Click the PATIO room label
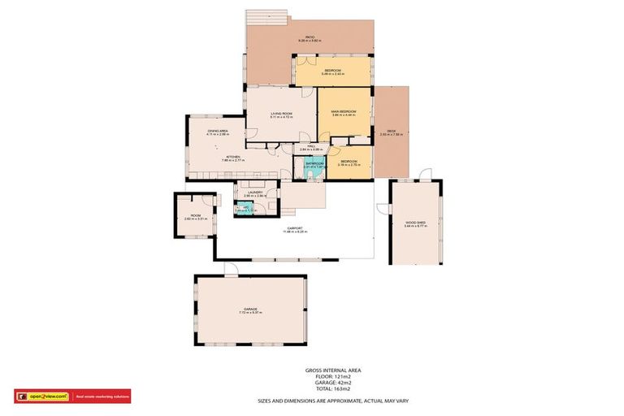[310, 37]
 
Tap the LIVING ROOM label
[281, 114]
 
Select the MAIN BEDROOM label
[344, 111]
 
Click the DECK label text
[391, 132]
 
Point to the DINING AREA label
[216, 130]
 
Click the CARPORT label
[295, 228]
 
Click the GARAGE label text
[250, 309]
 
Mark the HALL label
[311, 147]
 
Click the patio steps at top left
[266, 16]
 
